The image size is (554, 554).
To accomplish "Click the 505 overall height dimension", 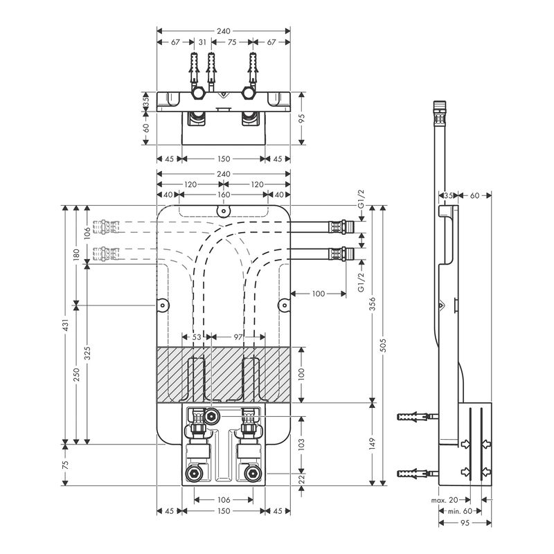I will coord(385,346).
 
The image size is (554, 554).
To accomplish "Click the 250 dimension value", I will coord(77,374).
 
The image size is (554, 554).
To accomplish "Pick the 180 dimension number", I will coord(77,254).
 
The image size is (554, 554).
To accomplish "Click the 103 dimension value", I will coord(301,443).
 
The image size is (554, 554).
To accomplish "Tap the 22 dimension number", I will coord(301,480).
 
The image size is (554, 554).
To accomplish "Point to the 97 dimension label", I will coord(238,337).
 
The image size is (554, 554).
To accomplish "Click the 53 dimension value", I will coord(196,337).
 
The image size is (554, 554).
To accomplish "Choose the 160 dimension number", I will coord(223,195).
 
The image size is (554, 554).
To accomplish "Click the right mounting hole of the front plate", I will coord(283,304).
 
